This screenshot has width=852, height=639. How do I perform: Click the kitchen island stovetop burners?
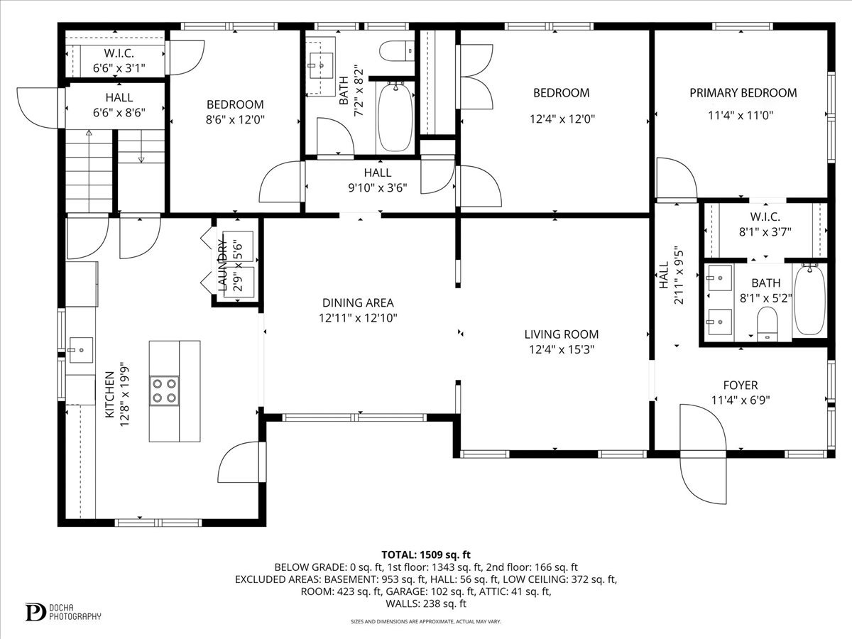point(164,390)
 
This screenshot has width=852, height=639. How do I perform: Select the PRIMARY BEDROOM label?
point(743,93)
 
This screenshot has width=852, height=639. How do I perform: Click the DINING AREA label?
point(357,303)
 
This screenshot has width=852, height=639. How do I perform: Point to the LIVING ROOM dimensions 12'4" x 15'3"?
point(561,349)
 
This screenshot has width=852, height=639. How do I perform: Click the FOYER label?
point(741,384)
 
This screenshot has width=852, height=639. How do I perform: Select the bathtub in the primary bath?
point(809,300)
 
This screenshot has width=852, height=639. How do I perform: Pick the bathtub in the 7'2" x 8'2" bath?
point(394,116)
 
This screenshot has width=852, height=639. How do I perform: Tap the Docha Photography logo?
point(62,611)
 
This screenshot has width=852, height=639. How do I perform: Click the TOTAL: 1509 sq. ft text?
point(426,555)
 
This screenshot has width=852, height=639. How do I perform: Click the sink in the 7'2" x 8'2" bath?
point(321,66)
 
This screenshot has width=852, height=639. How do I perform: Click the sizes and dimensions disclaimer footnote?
point(426,621)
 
